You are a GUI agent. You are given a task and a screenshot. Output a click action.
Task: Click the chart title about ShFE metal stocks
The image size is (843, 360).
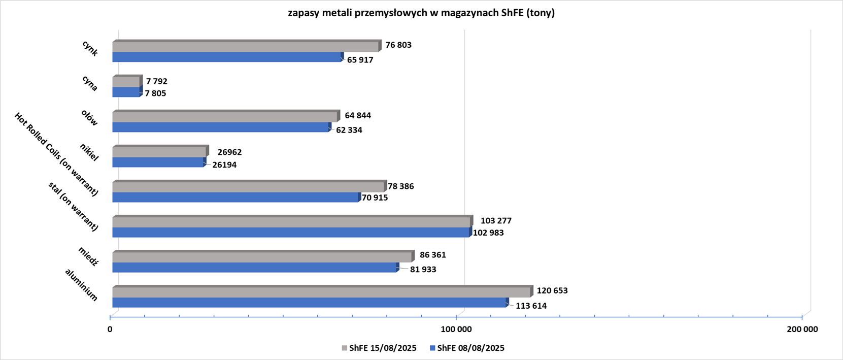tap(421, 13)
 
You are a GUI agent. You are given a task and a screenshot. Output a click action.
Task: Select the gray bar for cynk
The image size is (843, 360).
tap(246, 47)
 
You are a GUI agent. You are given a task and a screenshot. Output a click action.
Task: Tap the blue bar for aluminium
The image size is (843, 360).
tap(310, 303)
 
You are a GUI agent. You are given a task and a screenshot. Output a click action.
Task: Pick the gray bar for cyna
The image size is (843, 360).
tap(126, 82)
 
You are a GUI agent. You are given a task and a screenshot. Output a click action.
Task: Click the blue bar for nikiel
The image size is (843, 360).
tap(158, 162)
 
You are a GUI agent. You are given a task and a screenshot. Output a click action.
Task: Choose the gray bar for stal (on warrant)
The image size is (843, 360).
tap(291, 222)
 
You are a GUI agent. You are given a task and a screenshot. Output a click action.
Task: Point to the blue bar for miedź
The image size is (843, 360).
tap(254, 268)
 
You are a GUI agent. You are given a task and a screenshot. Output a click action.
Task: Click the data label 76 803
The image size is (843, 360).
tap(398, 45)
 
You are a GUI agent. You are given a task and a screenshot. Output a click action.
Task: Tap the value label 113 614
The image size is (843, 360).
tap(531, 306)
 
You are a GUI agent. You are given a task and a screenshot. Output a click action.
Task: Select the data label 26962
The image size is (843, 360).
tap(229, 152)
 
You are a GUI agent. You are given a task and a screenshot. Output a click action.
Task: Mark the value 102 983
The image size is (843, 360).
tap(488, 233)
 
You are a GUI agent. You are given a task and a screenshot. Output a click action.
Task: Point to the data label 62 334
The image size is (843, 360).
tap(349, 130)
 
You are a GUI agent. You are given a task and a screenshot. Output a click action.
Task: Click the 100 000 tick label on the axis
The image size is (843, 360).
tap(456, 330)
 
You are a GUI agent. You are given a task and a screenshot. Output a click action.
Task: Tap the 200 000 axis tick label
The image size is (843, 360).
tap(802, 330)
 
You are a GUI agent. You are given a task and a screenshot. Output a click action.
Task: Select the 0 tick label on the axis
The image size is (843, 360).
tap(110, 330)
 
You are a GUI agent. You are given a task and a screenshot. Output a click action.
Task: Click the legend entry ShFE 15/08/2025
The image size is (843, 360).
tap(379, 348)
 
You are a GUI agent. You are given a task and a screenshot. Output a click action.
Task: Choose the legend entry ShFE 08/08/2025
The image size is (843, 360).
tap(467, 348)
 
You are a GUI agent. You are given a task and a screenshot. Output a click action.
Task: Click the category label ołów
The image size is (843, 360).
tap(89, 118)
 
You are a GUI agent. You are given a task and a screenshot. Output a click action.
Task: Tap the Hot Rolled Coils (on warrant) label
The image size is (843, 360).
tap(56, 154)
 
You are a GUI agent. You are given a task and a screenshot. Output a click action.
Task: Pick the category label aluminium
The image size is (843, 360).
tap(81, 285)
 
